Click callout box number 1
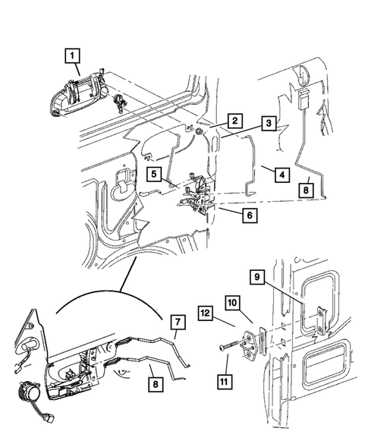(x=72, y=56)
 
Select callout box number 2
(x=235, y=121)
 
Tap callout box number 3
(x=269, y=124)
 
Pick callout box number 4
(x=282, y=175)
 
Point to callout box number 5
(x=154, y=174)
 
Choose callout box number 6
(x=250, y=215)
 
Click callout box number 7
(x=178, y=322)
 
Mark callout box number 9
(x=257, y=277)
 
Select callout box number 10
(x=232, y=303)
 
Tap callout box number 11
(x=225, y=381)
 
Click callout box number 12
(x=205, y=313)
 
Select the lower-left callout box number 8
(x=156, y=384)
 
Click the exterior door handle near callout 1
(x=77, y=96)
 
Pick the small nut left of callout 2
(x=198, y=131)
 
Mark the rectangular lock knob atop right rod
(x=303, y=99)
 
